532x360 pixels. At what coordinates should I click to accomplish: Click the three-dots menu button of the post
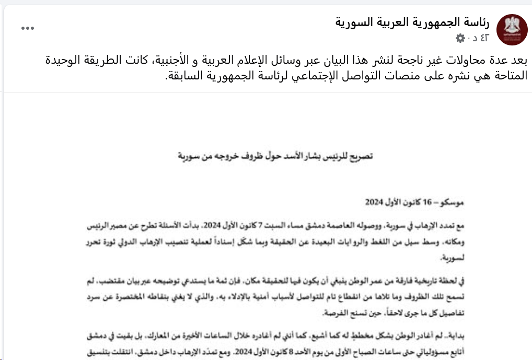point(27,28)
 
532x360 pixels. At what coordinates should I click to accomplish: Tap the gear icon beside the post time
point(460,38)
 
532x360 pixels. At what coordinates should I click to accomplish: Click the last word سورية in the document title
point(191,156)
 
